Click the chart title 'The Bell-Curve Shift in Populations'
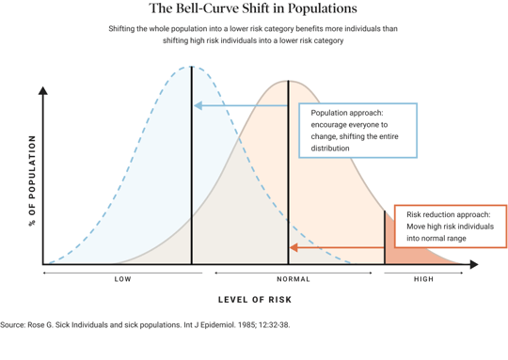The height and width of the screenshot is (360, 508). point(253,9)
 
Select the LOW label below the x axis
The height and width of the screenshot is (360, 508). point(123,279)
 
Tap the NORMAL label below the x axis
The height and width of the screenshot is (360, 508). point(294,279)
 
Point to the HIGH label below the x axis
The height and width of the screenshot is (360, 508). point(424,279)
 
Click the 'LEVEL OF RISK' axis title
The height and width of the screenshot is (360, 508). point(255,300)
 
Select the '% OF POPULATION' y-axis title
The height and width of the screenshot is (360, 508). point(32,180)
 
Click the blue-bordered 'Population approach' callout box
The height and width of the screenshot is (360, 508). point(357,130)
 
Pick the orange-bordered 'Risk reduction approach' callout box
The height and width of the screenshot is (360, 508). point(450,227)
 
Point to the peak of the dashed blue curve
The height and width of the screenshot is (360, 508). point(192,68)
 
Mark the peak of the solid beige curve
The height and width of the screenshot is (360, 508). point(288,82)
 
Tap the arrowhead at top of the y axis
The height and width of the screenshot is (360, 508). point(42,91)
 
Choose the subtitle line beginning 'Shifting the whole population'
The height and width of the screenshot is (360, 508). point(253,29)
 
